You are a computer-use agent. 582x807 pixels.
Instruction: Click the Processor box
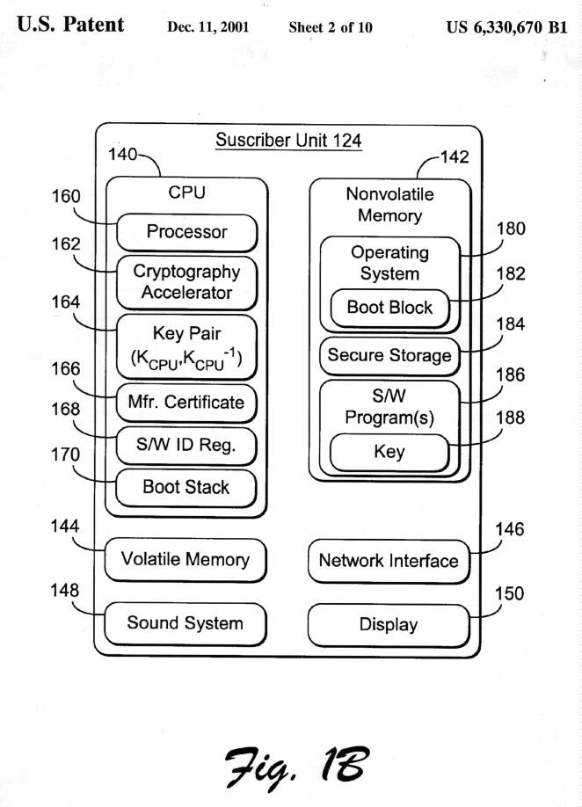click(186, 233)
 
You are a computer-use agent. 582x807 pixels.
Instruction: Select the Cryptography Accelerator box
click(186, 282)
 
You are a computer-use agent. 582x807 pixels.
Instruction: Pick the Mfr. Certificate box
click(186, 403)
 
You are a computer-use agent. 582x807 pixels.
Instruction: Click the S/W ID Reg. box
click(186, 446)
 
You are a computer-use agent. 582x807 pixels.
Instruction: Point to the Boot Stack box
click(186, 487)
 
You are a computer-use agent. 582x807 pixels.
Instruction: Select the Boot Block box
click(389, 308)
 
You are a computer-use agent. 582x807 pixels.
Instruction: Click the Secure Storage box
click(389, 356)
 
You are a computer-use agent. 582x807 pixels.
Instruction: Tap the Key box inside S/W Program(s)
click(389, 452)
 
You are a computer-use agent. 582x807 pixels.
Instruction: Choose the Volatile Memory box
click(185, 559)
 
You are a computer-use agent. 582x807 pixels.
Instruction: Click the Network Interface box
click(389, 561)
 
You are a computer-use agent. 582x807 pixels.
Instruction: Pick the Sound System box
click(185, 623)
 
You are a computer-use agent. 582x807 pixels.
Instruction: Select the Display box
click(389, 625)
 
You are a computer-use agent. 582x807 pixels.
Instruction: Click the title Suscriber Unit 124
click(288, 141)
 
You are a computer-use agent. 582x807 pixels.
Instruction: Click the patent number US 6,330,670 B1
click(507, 26)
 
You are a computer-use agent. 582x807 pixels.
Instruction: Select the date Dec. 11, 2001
click(207, 27)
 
